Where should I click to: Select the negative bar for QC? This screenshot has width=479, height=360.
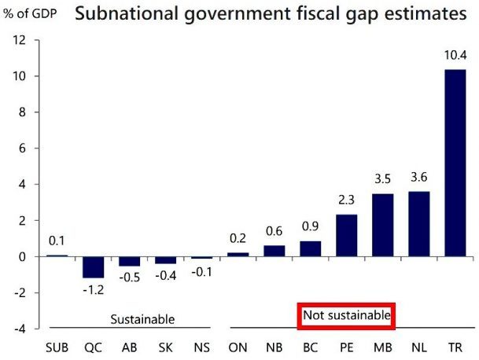(x=92, y=267)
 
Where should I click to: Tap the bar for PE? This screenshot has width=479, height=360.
(x=346, y=236)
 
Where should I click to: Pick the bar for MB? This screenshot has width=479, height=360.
(x=382, y=225)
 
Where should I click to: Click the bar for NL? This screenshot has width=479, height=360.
(x=418, y=224)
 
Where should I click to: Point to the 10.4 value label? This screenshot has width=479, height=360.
(x=455, y=56)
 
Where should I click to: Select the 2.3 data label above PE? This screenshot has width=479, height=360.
(x=346, y=201)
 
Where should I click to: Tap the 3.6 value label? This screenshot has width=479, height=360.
(x=418, y=178)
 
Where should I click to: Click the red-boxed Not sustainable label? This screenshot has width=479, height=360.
(x=346, y=316)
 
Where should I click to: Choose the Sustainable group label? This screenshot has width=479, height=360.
(x=142, y=318)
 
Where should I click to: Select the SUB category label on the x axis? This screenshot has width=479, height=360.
(x=57, y=347)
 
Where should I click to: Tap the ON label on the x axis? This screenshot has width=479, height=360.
(x=237, y=347)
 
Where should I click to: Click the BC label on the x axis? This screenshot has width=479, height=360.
(x=310, y=347)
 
